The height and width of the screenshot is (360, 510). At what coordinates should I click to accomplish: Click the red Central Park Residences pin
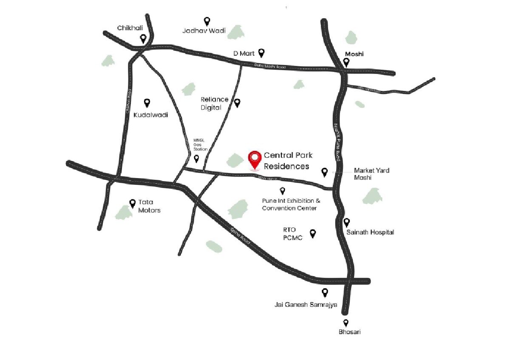coord(255,160)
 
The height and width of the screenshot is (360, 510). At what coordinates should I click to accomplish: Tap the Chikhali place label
coord(130,28)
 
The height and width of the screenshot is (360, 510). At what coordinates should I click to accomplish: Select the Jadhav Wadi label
coord(204,31)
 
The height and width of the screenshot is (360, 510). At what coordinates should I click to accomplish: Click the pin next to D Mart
coord(262,52)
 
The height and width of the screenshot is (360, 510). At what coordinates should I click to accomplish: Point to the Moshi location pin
coord(346,62)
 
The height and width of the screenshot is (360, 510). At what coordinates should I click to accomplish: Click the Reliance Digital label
coord(215,103)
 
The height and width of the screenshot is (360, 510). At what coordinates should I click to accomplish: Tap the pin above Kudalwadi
coord(147,102)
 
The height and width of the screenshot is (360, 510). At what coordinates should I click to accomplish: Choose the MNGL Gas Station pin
coord(196,159)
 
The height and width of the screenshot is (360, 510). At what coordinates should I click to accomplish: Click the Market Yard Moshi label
coord(372,174)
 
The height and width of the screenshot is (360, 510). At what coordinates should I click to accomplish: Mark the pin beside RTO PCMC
coord(313,233)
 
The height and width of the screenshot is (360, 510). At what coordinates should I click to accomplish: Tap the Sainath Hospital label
coord(370,232)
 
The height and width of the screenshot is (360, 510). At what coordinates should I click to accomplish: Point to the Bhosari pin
coord(346,323)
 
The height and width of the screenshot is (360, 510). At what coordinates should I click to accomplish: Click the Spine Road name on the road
coord(240,236)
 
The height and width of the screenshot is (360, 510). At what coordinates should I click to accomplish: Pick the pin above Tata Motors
coord(133,203)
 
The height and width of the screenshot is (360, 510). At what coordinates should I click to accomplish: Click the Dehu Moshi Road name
coord(270,66)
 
